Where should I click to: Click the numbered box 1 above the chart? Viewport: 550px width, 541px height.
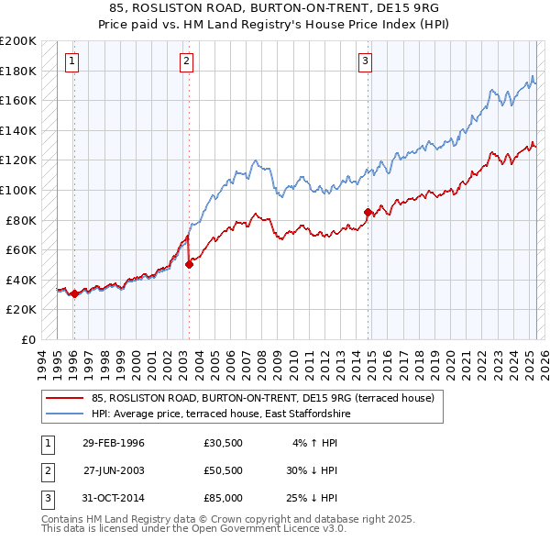71,61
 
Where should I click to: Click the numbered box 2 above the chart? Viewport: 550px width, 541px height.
186,61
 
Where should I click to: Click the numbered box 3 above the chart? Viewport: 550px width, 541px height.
365,61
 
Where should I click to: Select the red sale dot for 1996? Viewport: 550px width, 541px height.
74,294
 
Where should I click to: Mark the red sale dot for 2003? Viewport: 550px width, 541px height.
190,264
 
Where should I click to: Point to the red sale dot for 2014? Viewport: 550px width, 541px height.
368,213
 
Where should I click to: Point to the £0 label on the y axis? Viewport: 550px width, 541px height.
29,339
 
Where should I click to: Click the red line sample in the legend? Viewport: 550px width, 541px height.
63,398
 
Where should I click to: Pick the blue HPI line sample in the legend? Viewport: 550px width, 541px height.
63,414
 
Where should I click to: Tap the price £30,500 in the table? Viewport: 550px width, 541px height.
224,443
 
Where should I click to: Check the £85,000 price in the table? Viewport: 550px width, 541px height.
224,498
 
